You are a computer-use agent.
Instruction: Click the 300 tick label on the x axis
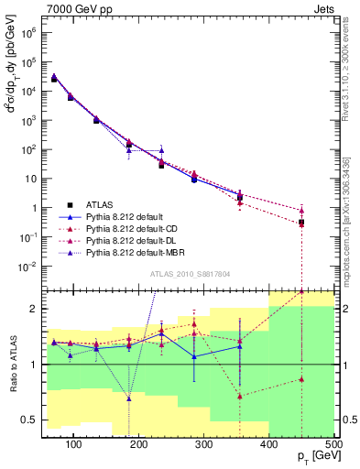tap(269, 444)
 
